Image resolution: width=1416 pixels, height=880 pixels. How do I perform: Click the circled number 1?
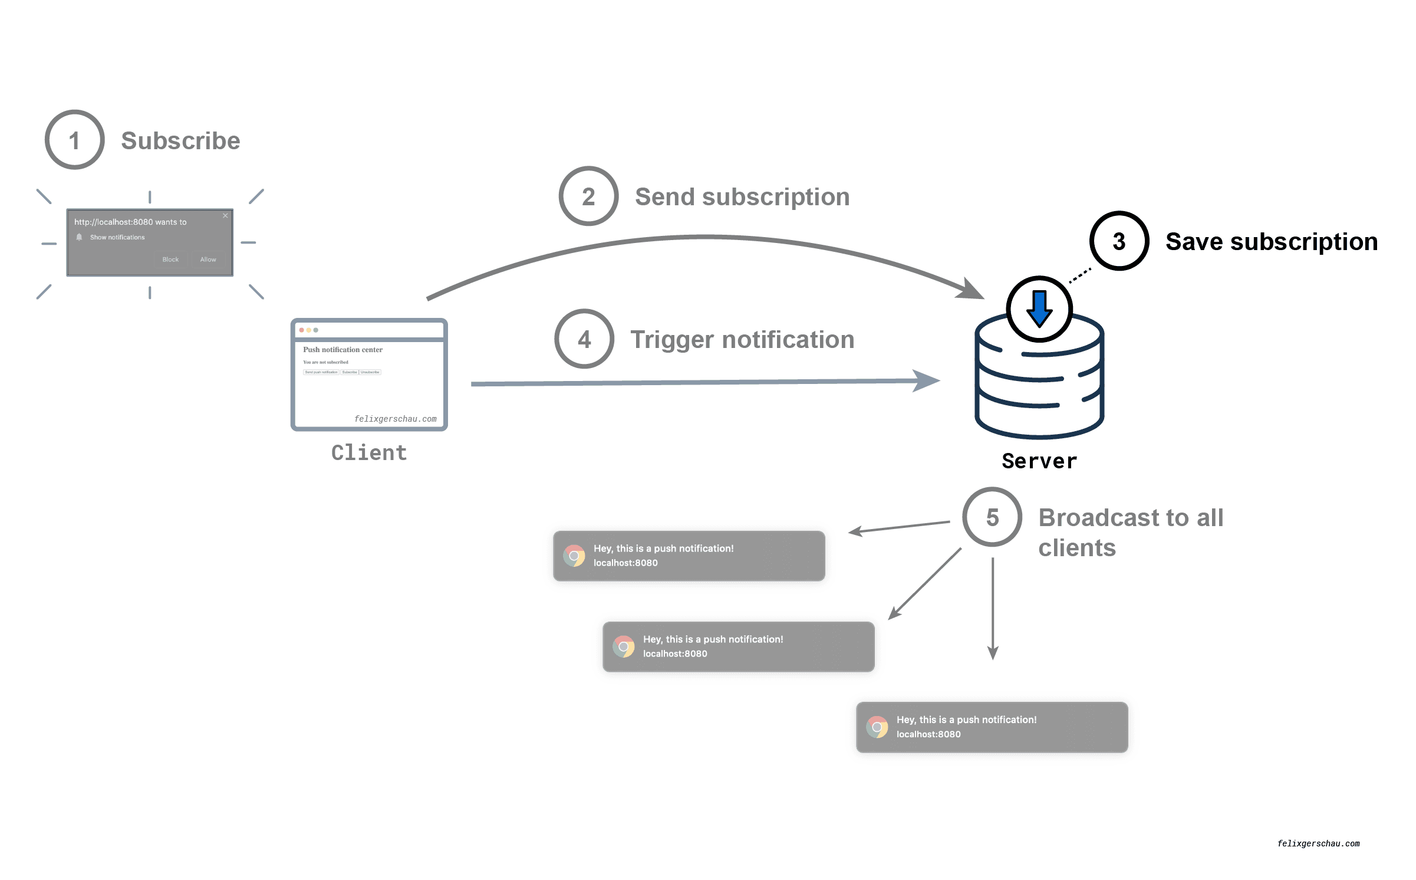[75, 140]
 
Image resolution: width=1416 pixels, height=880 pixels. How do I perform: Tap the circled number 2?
[588, 196]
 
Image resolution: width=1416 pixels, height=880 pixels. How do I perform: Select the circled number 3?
[1119, 241]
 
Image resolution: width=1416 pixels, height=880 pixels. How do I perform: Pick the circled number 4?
[584, 339]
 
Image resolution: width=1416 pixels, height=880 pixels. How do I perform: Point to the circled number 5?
[992, 517]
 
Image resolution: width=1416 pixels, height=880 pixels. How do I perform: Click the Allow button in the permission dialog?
[208, 260]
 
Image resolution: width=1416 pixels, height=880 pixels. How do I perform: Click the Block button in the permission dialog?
[170, 260]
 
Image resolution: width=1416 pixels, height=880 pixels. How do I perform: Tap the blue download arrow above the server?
[1039, 308]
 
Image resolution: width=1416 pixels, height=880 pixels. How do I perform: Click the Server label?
[1039, 461]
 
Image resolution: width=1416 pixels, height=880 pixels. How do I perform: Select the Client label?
[369, 452]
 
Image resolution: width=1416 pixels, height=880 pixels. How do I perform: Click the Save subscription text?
[1272, 242]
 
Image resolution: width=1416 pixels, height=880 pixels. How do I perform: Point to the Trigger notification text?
[742, 340]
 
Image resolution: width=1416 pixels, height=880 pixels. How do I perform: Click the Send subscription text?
[742, 197]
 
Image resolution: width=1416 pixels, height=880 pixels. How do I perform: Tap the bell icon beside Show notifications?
[79, 237]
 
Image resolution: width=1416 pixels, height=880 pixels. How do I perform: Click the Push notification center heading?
[343, 350]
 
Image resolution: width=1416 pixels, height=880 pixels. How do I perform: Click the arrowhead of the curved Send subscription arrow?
[973, 291]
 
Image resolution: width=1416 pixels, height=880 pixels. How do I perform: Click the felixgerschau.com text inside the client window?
[395, 419]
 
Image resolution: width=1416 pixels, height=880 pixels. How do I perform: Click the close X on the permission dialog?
[225, 216]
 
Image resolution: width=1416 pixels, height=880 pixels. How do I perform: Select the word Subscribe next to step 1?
[180, 141]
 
